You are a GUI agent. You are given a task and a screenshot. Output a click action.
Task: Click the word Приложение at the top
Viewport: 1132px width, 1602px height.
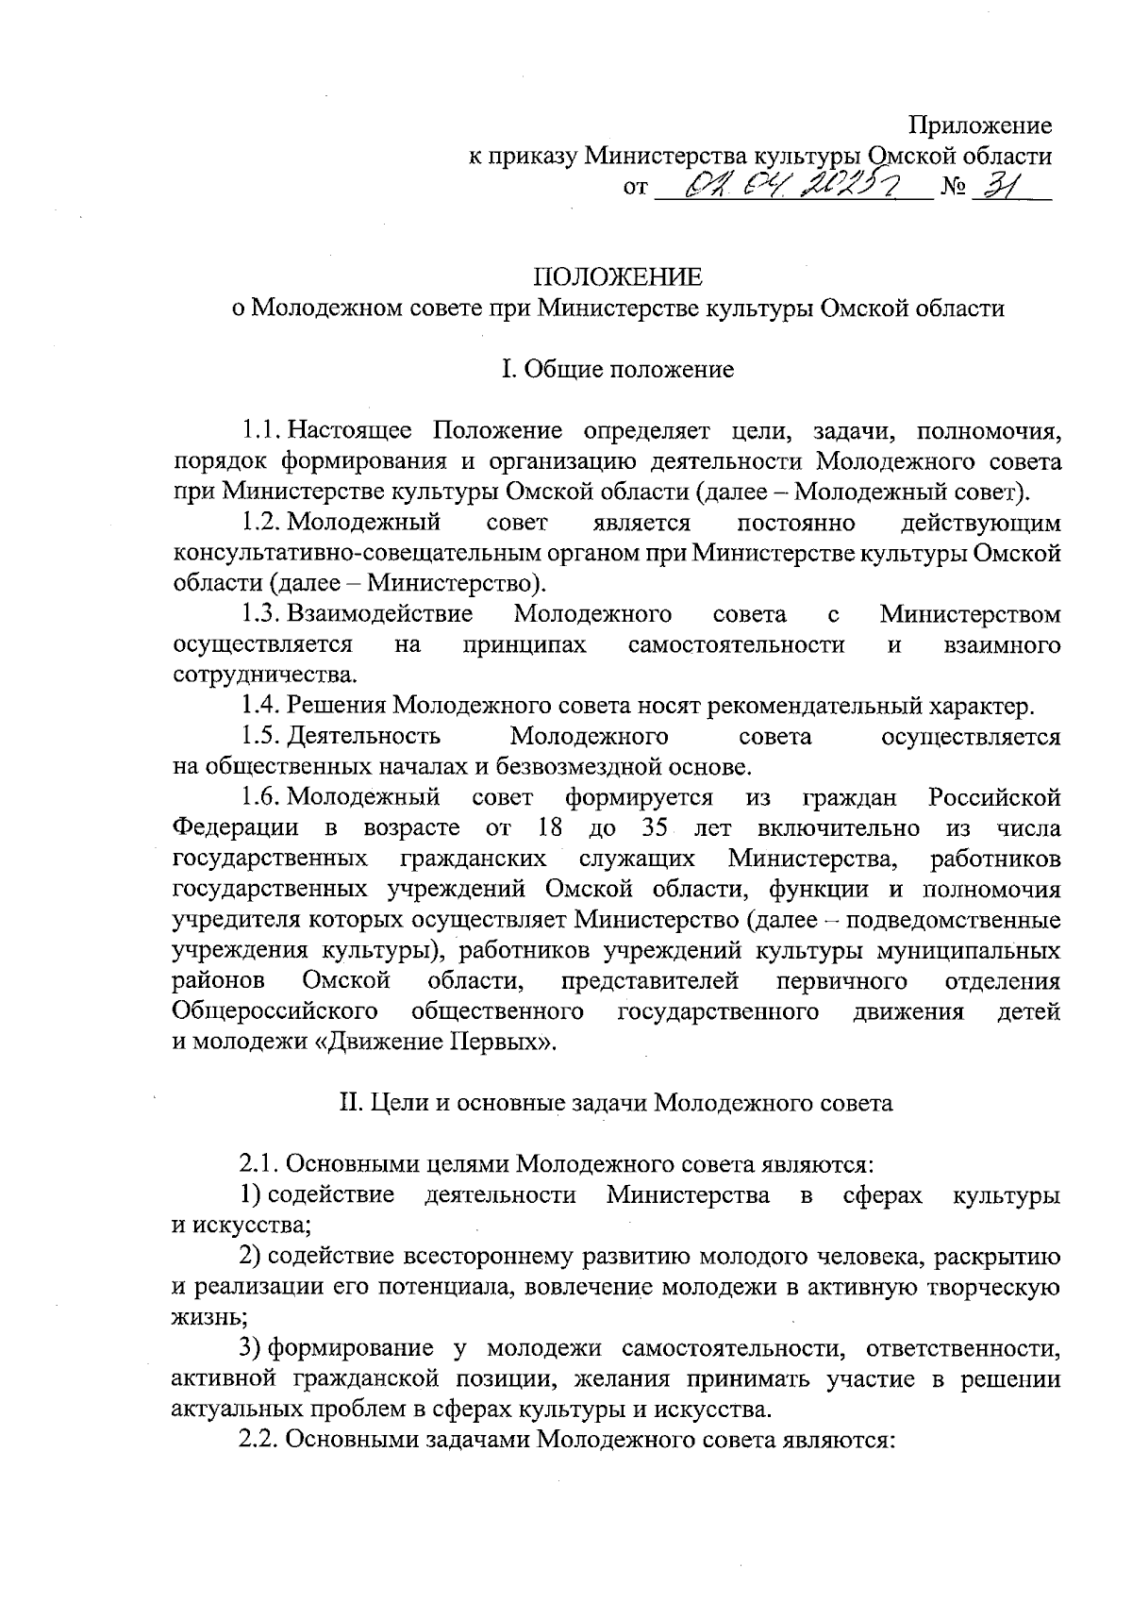[x=980, y=125]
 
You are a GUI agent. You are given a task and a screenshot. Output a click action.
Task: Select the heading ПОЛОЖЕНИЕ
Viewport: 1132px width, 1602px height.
[x=619, y=276]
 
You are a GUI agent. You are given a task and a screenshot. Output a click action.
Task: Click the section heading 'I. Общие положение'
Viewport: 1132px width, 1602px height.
[x=618, y=369]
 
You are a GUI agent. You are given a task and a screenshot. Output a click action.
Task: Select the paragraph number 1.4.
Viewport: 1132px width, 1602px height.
[x=259, y=706]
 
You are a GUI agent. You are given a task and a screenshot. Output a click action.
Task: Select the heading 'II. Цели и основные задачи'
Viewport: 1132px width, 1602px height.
[x=616, y=1103]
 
